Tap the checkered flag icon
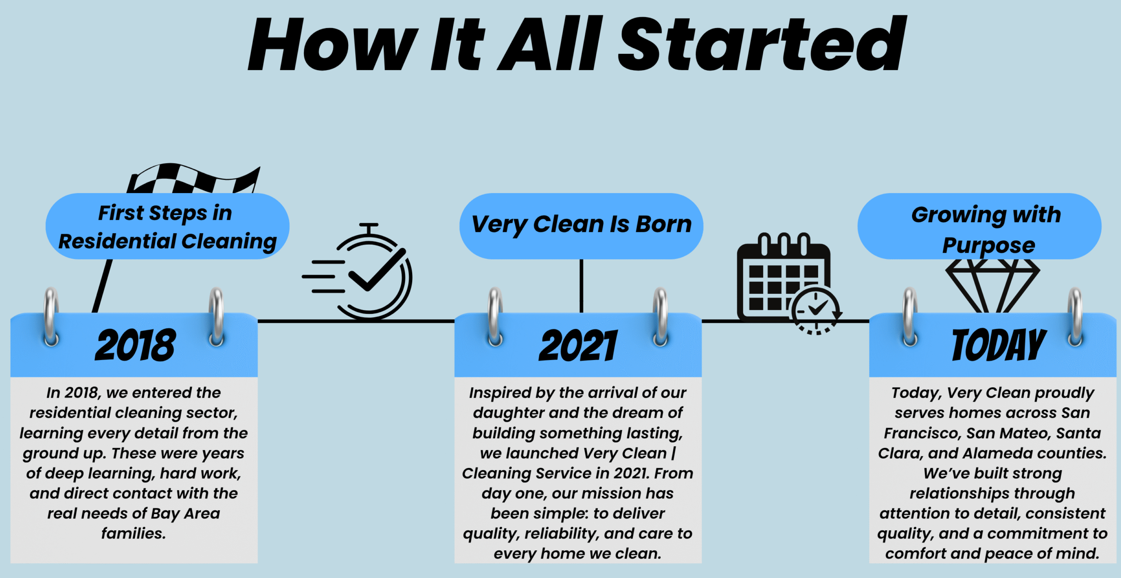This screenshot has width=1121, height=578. pos(193,179)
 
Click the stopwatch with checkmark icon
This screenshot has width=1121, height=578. pos(358,271)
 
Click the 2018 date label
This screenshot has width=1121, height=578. pos(135,345)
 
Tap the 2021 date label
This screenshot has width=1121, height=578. pos(578,345)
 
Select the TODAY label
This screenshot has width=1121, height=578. pos(999,345)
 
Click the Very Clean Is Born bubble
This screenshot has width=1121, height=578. pos(581,226)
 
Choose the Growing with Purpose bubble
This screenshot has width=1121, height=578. pos(979,226)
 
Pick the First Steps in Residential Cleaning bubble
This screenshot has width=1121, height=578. pos(167,226)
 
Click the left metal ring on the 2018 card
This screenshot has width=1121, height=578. pos(51,317)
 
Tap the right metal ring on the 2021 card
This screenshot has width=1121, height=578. pos(660,317)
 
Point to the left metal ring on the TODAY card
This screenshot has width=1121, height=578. pos(910,317)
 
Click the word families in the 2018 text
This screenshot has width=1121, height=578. pos(134,533)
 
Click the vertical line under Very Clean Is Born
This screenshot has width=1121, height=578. pos(581,286)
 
